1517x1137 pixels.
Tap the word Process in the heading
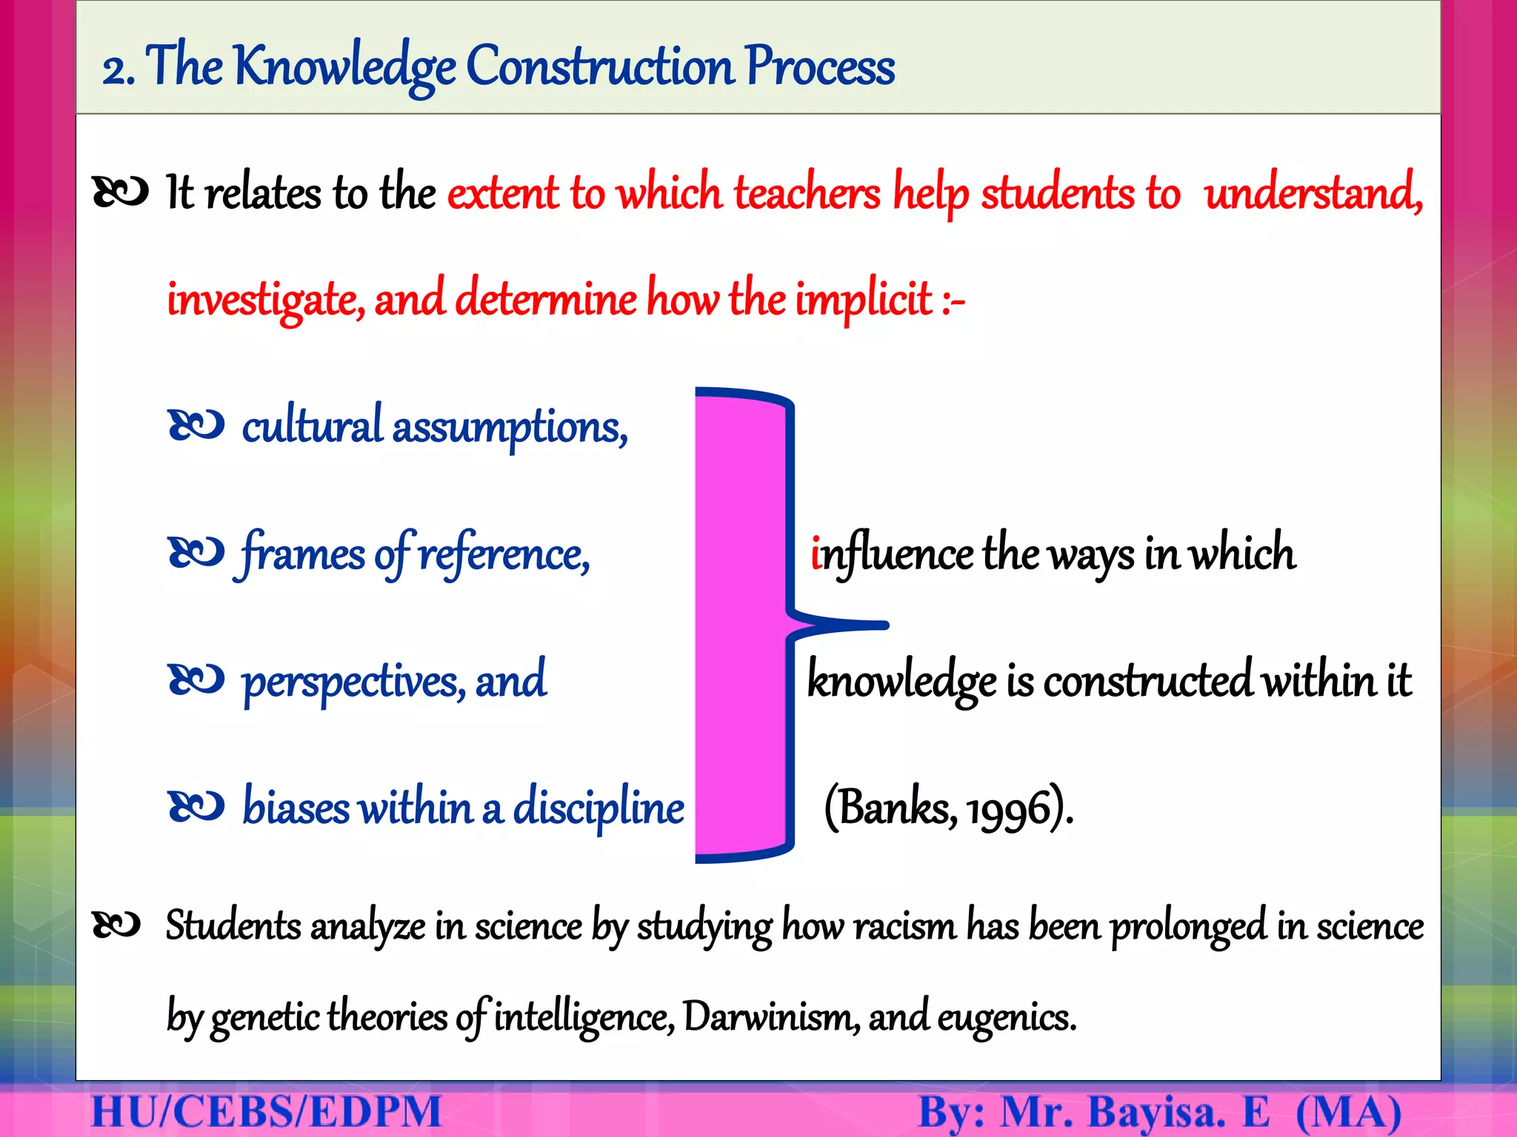[x=820, y=67]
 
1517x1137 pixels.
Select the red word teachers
[x=807, y=194]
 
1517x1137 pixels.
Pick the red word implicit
[x=864, y=301]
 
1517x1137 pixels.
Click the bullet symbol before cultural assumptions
[x=196, y=426]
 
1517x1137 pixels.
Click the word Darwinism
[x=770, y=1017]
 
